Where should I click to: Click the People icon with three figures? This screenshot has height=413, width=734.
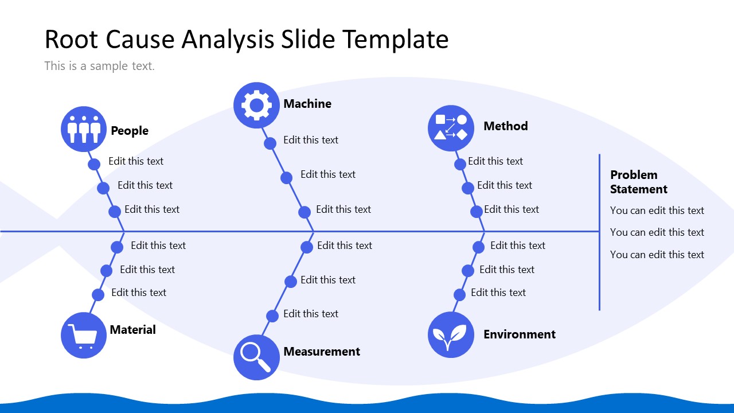click(x=84, y=129)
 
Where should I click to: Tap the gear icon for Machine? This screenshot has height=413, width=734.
click(x=256, y=105)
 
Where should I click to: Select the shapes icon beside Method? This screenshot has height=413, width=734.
click(x=451, y=128)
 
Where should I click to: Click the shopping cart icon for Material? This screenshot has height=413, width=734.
click(x=84, y=335)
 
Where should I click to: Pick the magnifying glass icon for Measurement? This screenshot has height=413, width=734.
click(x=256, y=357)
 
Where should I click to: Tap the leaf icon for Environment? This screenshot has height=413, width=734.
click(x=451, y=334)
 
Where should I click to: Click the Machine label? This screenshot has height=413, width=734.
click(x=307, y=104)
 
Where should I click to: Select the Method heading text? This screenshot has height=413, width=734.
click(x=505, y=126)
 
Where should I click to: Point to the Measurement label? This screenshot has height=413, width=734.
click(x=322, y=352)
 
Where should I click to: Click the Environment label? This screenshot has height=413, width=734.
click(x=519, y=334)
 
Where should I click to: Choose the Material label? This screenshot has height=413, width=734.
click(x=132, y=330)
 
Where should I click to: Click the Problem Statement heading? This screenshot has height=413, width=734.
click(x=638, y=182)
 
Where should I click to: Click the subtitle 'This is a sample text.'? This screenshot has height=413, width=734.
click(x=99, y=66)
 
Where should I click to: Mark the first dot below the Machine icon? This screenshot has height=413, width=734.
click(x=270, y=143)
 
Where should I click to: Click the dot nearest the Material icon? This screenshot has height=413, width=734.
click(x=98, y=295)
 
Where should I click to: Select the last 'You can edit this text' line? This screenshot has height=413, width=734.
click(x=657, y=255)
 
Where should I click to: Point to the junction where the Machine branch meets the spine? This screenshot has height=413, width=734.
click(x=313, y=232)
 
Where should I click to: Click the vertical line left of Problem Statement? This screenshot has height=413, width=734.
click(x=599, y=232)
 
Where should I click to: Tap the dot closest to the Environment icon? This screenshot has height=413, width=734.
click(x=459, y=295)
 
